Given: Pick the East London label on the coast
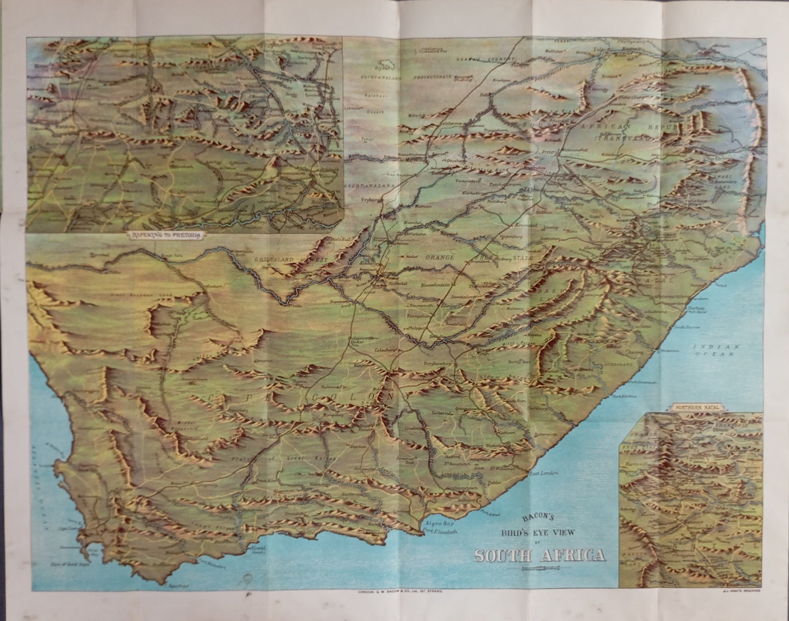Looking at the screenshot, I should click(543, 473).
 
